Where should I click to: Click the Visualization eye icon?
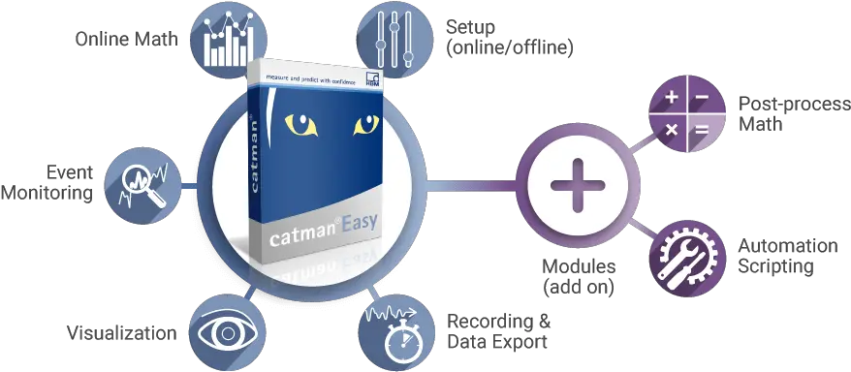pyautogui.click(x=225, y=331)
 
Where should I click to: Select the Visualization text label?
pyautogui.click(x=122, y=332)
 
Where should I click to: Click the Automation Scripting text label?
pyautogui.click(x=786, y=256)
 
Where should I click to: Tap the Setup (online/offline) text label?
pyautogui.click(x=508, y=34)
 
